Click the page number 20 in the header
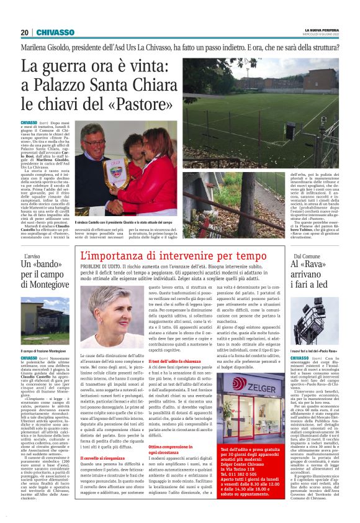[x=24, y=32]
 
